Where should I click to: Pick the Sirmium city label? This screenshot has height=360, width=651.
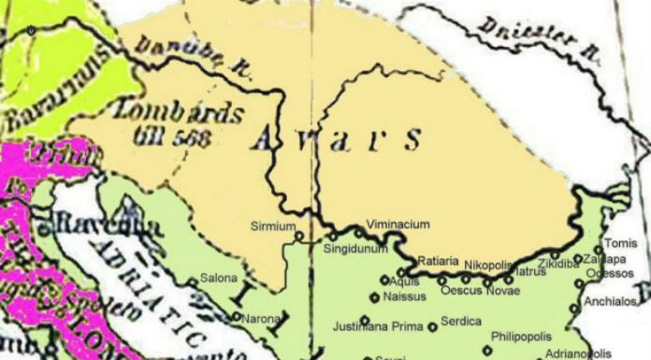pos(272,226)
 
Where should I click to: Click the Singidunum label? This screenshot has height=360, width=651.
pos(354,251)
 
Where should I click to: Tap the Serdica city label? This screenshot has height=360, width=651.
pos(461,321)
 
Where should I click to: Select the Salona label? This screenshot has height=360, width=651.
pos(219,278)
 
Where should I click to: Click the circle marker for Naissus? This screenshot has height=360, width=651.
pos(375,298)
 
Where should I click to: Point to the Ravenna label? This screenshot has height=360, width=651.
pos(94,225)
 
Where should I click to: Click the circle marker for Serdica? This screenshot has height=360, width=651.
pos(432,327)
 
